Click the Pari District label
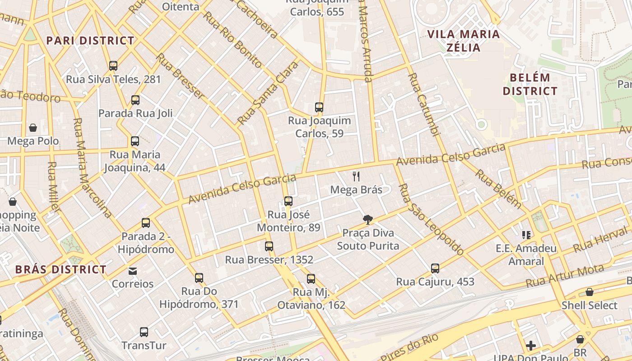pyautogui.click(x=90, y=41)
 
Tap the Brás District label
pyautogui.click(x=61, y=270)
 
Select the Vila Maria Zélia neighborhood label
pyautogui.click(x=463, y=41)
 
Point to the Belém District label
pyautogui.click(x=530, y=84)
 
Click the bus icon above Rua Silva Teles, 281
pyautogui.click(x=113, y=66)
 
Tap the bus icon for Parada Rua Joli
pyautogui.click(x=135, y=100)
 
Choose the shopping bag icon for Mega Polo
pyautogui.click(x=33, y=128)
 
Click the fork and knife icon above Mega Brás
pyautogui.click(x=356, y=176)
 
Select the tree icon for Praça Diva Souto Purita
pyautogui.click(x=368, y=220)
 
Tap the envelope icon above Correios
pyautogui.click(x=133, y=271)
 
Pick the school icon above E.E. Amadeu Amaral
pyautogui.click(x=526, y=235)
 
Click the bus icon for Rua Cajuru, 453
pyautogui.click(x=435, y=268)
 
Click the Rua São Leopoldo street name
pyautogui.click(x=431, y=220)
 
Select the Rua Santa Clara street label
pyautogui.click(x=268, y=93)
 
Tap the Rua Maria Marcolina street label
pyautogui.click(x=92, y=168)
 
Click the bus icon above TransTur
pyautogui.click(x=144, y=332)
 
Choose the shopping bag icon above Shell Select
pyautogui.click(x=589, y=292)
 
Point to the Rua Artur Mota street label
pyautogui.click(x=565, y=276)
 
